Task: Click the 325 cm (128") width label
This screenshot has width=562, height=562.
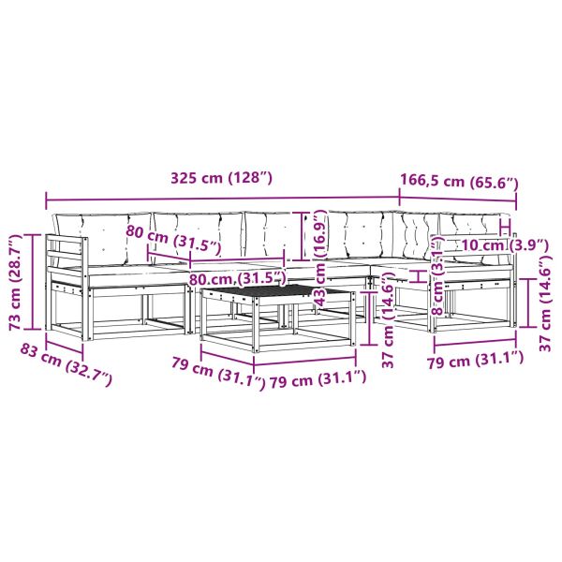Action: point(221,178)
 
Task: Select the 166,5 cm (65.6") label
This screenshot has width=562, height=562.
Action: point(459,182)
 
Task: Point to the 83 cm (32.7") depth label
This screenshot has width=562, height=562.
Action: point(66,363)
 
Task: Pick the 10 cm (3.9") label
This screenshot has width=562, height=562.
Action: point(505,245)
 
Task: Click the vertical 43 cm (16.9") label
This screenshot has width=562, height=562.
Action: point(319,258)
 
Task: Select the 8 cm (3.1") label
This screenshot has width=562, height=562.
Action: point(438,278)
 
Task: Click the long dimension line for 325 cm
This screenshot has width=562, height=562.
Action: point(223,199)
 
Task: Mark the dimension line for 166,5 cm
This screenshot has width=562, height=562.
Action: point(458,199)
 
